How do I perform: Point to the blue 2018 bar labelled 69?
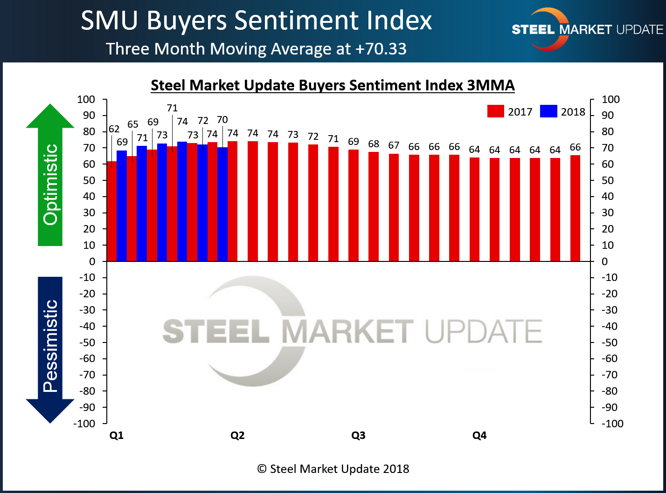point(121,206)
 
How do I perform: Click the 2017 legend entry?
point(510,112)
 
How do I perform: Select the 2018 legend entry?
point(562,112)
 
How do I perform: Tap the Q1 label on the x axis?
point(117,436)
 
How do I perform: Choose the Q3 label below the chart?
point(358,436)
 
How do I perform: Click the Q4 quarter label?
point(479,436)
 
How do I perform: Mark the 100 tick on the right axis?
point(610,99)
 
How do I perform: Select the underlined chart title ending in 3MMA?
point(333,85)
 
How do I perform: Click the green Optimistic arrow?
point(50,177)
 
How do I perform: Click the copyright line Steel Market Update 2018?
point(333,469)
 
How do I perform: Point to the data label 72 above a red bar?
point(313,137)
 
